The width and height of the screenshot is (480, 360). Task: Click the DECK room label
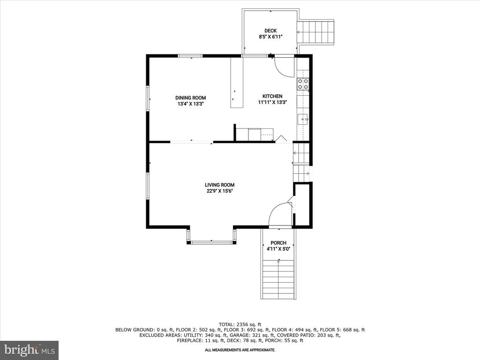270,30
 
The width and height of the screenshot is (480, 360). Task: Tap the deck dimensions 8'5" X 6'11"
270,37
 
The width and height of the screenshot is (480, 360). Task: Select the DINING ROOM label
190,97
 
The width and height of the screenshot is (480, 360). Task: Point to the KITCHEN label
272,96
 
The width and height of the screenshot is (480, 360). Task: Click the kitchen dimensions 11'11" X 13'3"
272,102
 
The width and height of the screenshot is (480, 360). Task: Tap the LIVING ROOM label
219,185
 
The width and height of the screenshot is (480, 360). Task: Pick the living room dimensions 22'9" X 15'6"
219,191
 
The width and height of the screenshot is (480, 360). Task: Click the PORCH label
278,243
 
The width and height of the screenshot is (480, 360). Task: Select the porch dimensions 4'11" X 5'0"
278,249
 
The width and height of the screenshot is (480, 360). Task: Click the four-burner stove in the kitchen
303,84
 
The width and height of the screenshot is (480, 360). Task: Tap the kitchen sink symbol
303,119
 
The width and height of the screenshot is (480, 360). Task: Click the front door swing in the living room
280,216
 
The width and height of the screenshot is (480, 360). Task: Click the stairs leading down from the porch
278,279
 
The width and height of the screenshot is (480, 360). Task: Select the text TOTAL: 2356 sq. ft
240,324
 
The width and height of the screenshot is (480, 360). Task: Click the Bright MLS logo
29,350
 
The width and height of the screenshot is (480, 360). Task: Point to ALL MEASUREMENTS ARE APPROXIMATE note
240,350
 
